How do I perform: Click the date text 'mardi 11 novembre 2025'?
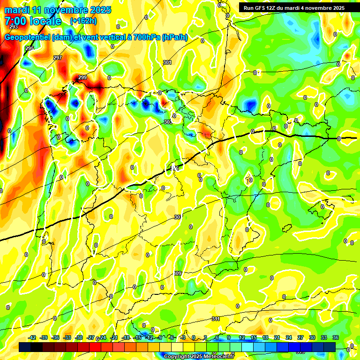coord(58,10)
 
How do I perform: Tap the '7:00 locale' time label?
coord(33,21)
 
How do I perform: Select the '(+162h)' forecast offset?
coord(84,21)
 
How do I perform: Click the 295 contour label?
coord(30,49)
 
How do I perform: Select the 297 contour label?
coord(58,58)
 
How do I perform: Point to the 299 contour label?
coord(82,77)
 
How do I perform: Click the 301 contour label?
coord(167,62)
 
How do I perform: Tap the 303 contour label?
coord(168,122)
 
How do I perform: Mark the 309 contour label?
coord(177,273)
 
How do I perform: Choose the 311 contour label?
coord(215,319)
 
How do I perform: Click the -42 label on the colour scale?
coord(32,337)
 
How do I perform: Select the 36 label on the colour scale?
coord(336,337)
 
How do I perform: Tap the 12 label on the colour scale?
coord(241,337)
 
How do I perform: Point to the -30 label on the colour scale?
coord(79,337)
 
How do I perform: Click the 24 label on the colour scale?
coord(288,337)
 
